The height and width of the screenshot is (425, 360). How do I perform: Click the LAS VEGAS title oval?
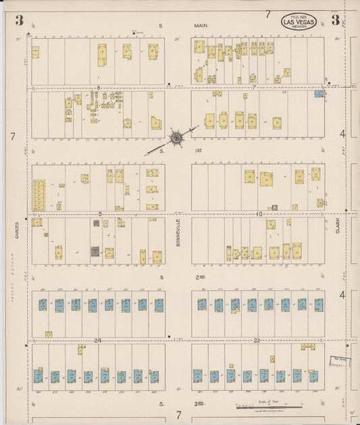pos(297,22)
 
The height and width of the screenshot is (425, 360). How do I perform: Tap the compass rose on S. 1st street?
pos(176,138)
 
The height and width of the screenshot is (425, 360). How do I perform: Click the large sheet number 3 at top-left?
pos(20,20)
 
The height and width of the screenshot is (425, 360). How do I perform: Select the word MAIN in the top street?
pos(201,26)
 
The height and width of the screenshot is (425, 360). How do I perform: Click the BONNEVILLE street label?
pos(178,232)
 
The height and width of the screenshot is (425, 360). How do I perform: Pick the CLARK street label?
pos(338,225)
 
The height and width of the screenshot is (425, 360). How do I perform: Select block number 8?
pos(98,88)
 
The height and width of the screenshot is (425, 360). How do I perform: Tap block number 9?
pos(100,214)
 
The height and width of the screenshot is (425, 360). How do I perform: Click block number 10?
pos(258,214)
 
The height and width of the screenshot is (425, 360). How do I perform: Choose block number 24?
pos(98,340)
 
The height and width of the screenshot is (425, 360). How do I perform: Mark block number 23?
pos(257,340)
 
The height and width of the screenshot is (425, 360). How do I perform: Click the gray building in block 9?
pos(95,251)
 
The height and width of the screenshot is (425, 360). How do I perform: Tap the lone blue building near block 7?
pos(319,94)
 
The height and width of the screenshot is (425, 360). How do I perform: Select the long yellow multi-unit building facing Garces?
pos(39,195)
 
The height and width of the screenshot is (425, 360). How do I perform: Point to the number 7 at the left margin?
pos(13,136)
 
